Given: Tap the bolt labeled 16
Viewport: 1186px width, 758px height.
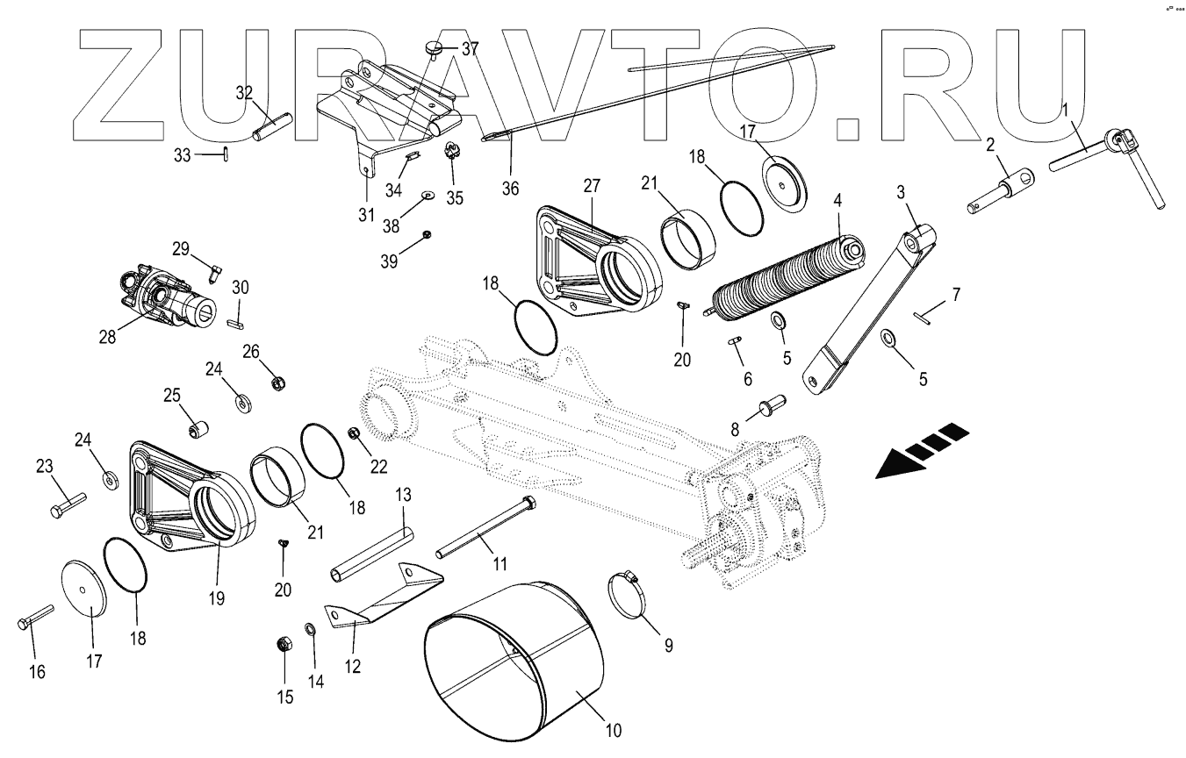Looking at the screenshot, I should tap(35, 615).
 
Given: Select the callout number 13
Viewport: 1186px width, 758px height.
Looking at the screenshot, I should tap(402, 497).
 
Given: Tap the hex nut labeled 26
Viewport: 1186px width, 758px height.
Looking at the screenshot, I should tap(277, 383).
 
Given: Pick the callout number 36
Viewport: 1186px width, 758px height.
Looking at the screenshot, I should tap(510, 188).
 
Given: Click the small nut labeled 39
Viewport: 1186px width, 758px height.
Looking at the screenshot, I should tap(426, 234).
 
